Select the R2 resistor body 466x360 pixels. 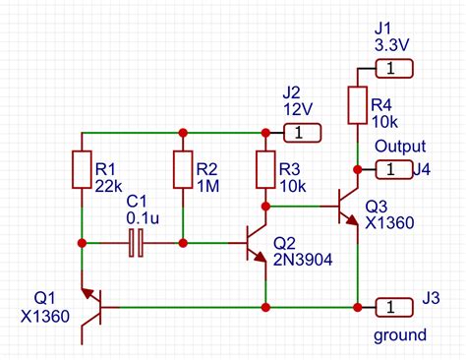[x=183, y=169]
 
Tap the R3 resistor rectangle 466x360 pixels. [x=264, y=169]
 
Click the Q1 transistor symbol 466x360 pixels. [x=93, y=306]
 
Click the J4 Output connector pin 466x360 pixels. [x=390, y=169]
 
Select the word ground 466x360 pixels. [x=400, y=336]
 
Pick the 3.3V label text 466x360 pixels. [x=393, y=44]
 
